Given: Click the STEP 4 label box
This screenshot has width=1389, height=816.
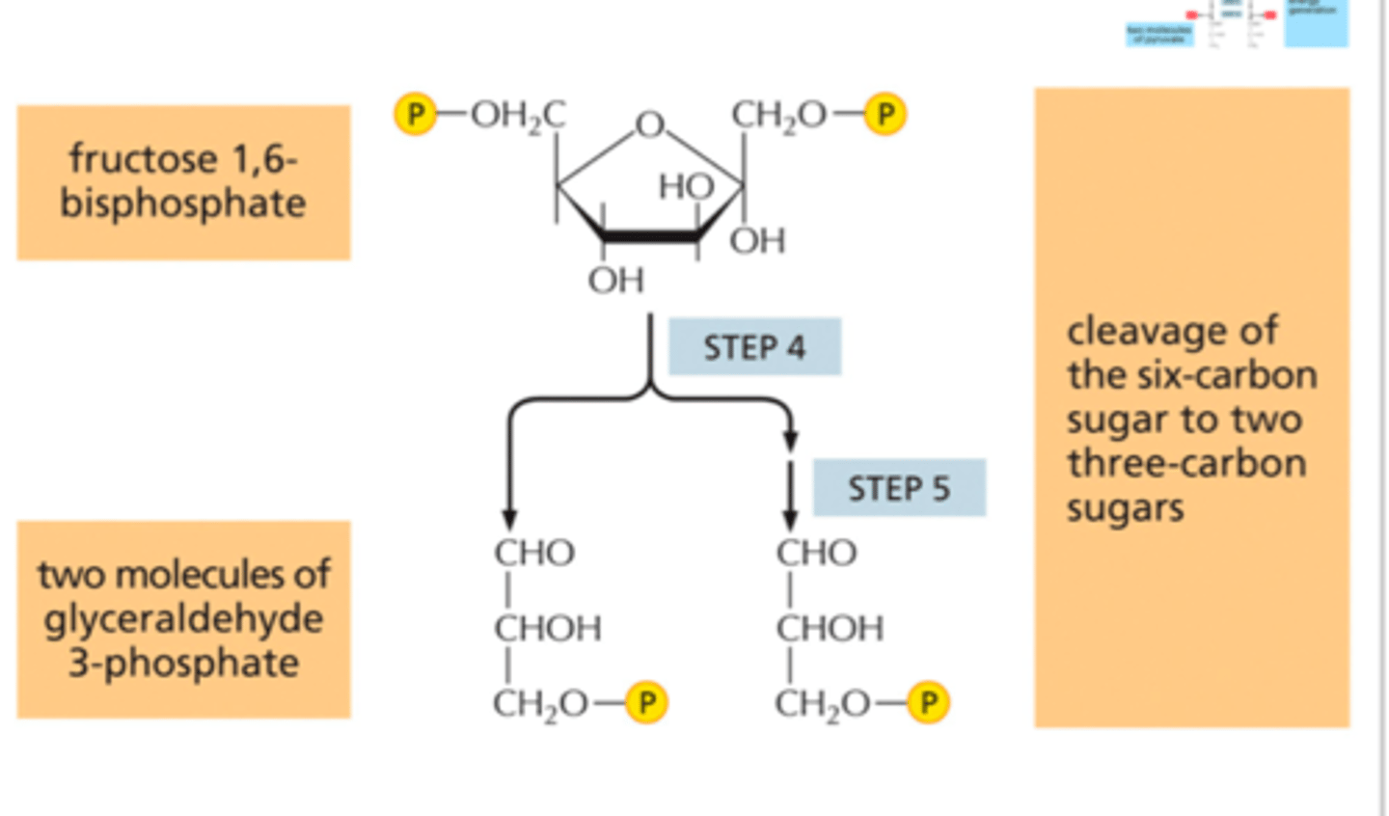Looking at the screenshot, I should [x=754, y=347].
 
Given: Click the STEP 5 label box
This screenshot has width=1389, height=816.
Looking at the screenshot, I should [x=899, y=488].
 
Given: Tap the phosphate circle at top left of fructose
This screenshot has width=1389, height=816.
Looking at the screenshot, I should [x=415, y=115].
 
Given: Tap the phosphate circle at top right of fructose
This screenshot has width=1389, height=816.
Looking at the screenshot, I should [x=885, y=115].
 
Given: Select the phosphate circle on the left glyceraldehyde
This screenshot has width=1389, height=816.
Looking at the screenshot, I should [x=646, y=702].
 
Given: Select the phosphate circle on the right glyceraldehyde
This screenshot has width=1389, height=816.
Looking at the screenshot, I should [x=928, y=702].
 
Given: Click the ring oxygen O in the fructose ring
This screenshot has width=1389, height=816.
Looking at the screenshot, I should [x=650, y=124].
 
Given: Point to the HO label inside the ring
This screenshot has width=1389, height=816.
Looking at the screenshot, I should [x=686, y=186].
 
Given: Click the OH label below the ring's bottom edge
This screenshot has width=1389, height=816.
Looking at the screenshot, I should [x=615, y=281].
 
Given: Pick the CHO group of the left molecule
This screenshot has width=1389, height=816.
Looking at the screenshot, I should [x=534, y=554].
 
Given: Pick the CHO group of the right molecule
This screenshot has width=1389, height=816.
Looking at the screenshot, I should [x=816, y=554].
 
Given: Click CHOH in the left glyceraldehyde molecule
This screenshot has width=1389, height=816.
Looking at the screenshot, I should [x=547, y=629].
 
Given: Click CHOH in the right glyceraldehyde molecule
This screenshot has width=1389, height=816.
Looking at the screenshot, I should [x=830, y=629].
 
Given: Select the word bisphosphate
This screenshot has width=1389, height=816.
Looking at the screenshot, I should [x=183, y=204].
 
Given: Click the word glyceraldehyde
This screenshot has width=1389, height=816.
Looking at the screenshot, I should [x=183, y=618].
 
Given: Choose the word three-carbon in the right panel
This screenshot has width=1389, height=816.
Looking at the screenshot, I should [x=1186, y=464].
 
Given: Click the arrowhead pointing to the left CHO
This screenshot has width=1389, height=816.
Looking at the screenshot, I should [x=509, y=519].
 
